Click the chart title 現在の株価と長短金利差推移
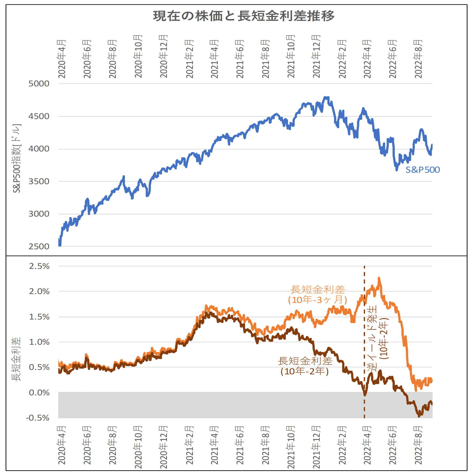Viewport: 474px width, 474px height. point(244,16)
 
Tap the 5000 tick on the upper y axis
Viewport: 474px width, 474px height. point(39,84)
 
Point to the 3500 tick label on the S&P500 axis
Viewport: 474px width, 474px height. point(39,181)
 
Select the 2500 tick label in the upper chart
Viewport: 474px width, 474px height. point(39,246)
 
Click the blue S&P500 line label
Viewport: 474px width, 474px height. point(423,170)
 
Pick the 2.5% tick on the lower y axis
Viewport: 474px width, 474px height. point(39,266)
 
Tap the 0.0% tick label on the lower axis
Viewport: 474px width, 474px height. point(39,393)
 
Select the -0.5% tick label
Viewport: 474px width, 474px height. point(38,418)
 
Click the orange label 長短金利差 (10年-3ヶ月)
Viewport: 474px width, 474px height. point(318,295)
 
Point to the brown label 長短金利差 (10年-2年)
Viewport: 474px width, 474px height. point(305,366)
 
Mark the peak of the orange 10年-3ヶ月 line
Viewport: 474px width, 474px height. point(379,278)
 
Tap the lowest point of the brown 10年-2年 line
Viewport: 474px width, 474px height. point(419,416)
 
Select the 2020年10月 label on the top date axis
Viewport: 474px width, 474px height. point(138,56)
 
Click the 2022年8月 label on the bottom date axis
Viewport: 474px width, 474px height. point(418,445)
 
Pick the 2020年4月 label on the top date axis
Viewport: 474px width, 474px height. point(62,59)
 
